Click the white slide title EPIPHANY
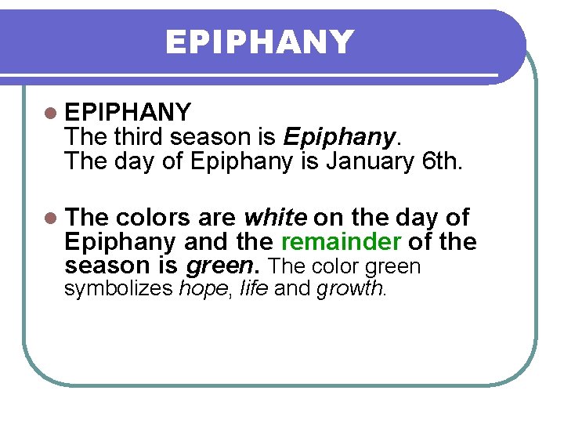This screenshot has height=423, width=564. point(259,42)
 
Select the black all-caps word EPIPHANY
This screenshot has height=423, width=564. point(128,113)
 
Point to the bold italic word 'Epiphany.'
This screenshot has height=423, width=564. point(341,138)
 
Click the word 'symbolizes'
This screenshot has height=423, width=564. point(118,289)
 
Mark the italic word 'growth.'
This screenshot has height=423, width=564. point(352,289)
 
